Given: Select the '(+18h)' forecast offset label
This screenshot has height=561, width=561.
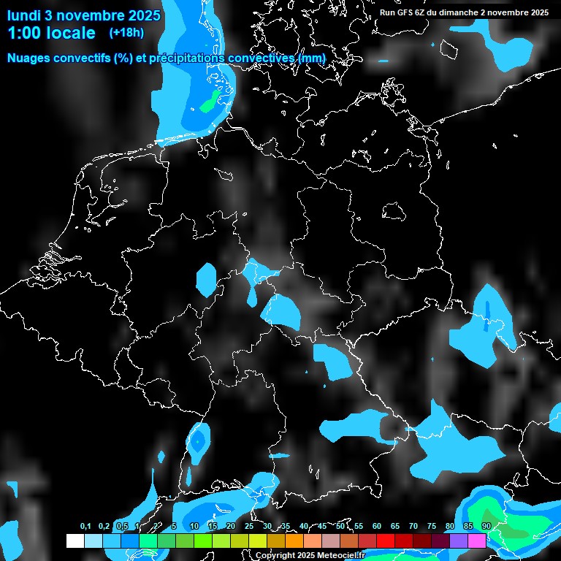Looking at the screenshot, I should (126, 33).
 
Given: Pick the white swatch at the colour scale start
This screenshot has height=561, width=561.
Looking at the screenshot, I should (75, 541).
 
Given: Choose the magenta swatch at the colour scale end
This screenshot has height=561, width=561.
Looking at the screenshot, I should (477, 541).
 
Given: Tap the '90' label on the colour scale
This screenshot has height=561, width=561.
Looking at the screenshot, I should (486, 526).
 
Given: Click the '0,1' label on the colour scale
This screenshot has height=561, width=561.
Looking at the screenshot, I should (85, 526).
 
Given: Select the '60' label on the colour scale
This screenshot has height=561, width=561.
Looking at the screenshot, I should (376, 526).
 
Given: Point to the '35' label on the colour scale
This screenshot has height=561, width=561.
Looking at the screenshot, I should (285, 526).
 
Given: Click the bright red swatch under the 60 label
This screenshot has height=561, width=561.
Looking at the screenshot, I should (386, 541).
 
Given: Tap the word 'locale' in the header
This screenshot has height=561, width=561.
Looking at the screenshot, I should (69, 33).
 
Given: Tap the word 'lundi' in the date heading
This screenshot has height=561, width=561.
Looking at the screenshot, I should (24, 15).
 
